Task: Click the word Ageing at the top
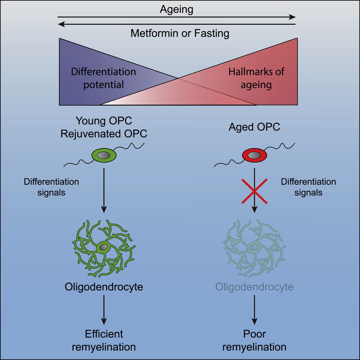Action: click(x=176, y=9)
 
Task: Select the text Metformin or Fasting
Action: click(x=180, y=34)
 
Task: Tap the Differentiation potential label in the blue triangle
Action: click(x=103, y=78)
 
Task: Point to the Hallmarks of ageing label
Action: click(x=256, y=78)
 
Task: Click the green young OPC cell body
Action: click(x=104, y=155)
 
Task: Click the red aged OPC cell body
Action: click(x=254, y=155)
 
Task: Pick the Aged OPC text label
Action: click(x=254, y=127)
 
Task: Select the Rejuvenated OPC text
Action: click(x=104, y=133)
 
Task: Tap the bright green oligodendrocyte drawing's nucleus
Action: click(x=104, y=248)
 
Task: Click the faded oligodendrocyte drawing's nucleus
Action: click(x=254, y=248)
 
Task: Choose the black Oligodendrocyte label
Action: click(x=104, y=287)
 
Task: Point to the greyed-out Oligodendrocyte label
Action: click(x=254, y=287)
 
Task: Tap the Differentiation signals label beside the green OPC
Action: click(x=51, y=187)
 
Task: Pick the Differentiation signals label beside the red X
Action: click(x=308, y=187)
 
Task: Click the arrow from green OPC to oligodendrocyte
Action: click(x=104, y=192)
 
